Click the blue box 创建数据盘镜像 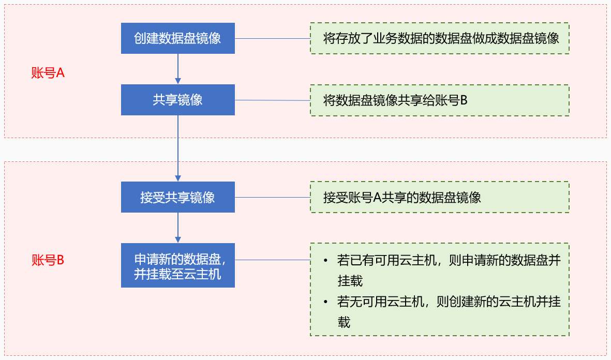(x=177, y=38)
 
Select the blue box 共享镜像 (x=177, y=100)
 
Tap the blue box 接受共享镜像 (x=177, y=197)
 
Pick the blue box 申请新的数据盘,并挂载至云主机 (x=177, y=265)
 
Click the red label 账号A (x=48, y=73)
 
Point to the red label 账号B (x=48, y=260)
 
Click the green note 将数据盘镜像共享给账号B (x=439, y=100)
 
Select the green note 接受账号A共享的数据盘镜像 (x=439, y=197)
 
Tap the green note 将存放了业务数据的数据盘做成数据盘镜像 (x=439, y=38)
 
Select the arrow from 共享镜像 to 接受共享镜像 (x=178, y=148)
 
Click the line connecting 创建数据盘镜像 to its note (x=272, y=39)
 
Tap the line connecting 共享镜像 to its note (x=272, y=100)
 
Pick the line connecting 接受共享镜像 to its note (x=272, y=197)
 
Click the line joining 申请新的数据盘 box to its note (x=272, y=260)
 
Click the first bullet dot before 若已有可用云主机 (x=325, y=261)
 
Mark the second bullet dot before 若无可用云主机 (x=325, y=302)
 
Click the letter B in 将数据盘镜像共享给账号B (x=464, y=100)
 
